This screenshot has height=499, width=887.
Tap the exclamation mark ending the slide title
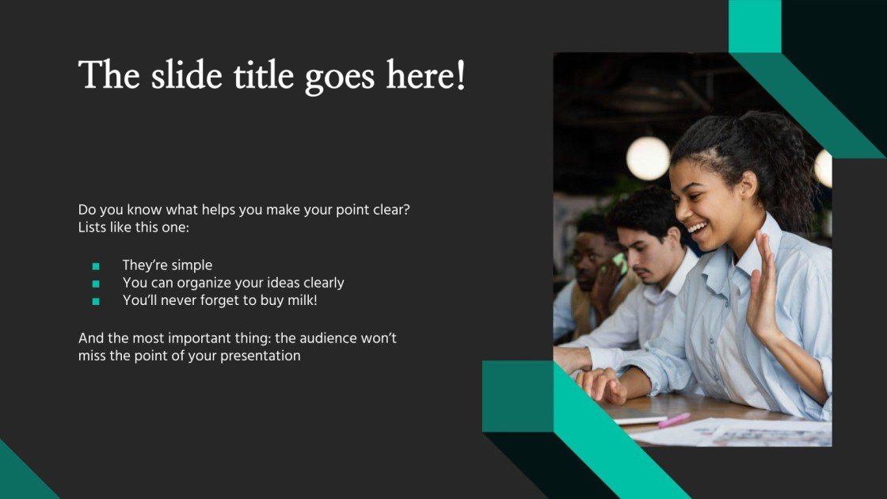[x=461, y=75]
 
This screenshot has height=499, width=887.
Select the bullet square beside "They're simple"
[x=96, y=266]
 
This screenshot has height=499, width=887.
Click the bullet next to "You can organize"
[x=96, y=284]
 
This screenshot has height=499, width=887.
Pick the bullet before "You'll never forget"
[x=96, y=301]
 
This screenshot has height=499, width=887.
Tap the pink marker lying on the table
[x=674, y=420]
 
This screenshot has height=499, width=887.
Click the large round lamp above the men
[x=648, y=158]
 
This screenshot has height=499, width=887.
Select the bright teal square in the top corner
[x=755, y=26]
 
